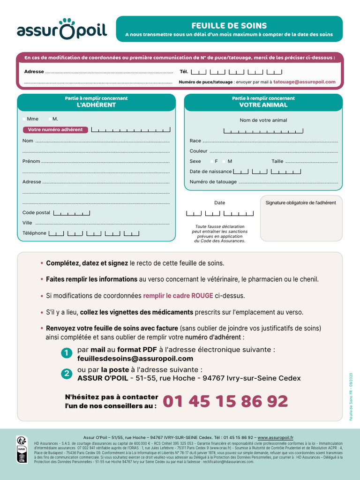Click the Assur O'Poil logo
62,29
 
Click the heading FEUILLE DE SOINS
229,26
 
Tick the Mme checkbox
24,119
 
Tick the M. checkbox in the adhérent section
50,119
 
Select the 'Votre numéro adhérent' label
55,130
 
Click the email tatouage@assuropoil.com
304,82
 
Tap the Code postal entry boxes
71,213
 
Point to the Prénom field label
31,161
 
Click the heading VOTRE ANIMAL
263,105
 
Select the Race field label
195,141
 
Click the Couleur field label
198,151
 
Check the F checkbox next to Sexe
211,161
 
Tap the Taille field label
277,161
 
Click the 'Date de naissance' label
210,172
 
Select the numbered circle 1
67,353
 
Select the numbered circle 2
67,374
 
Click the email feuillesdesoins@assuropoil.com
135,359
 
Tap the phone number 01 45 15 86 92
225,401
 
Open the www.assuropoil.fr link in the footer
279,437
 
